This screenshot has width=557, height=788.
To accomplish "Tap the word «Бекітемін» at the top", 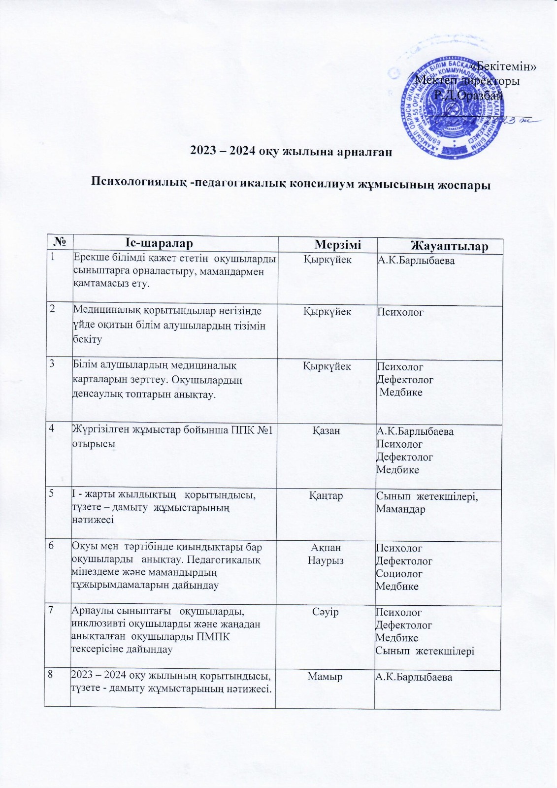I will (x=503, y=66).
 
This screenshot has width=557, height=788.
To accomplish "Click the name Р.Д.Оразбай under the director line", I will (x=468, y=95).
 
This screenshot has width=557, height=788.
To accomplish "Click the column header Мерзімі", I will (x=338, y=244).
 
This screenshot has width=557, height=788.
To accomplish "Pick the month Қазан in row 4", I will (x=326, y=431).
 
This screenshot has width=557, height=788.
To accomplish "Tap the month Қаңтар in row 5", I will (x=326, y=496).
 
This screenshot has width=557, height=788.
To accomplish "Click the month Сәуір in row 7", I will (x=326, y=612).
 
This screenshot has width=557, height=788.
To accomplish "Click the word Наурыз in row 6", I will (x=326, y=560).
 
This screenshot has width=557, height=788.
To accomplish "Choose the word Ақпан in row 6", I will (x=326, y=548).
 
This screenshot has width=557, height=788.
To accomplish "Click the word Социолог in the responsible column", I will (x=399, y=574).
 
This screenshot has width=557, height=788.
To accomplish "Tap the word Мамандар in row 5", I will (x=400, y=509).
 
